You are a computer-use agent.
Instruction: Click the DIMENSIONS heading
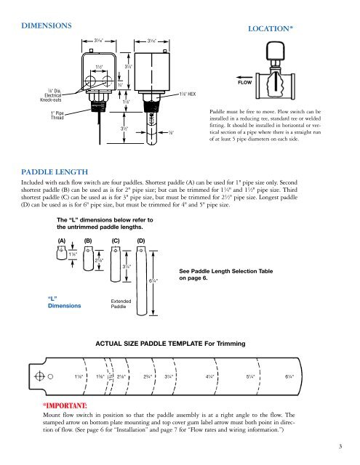pyautogui.click(x=48, y=25)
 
